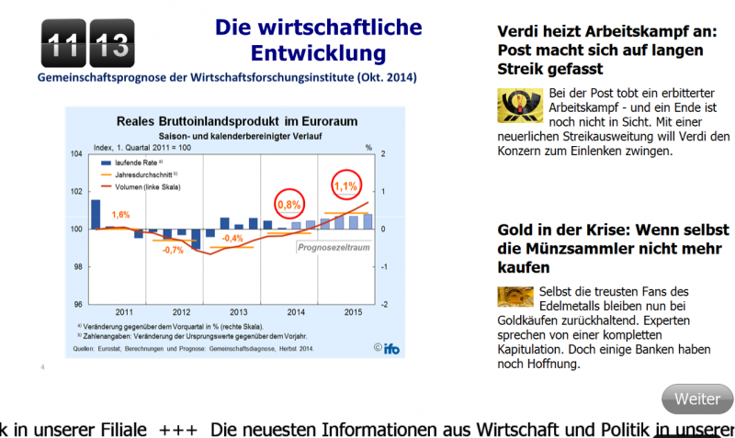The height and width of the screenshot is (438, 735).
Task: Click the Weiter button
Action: click(x=697, y=399)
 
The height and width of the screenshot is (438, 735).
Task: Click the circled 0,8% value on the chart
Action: click(x=289, y=204)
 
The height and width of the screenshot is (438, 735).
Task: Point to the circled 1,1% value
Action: click(x=345, y=185)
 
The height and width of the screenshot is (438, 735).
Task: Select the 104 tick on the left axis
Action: click(x=76, y=153)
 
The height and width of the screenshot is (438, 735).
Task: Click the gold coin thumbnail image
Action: click(x=515, y=296)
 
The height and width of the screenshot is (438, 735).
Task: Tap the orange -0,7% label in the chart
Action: click(x=173, y=250)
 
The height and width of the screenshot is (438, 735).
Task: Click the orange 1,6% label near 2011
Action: click(x=120, y=214)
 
